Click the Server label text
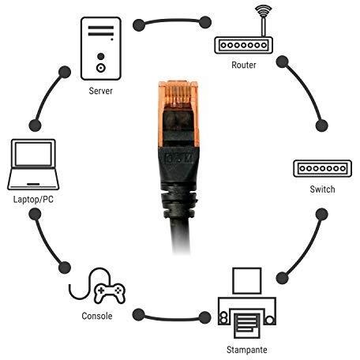tap(100, 91)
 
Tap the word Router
tap(244, 65)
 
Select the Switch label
tap(322, 189)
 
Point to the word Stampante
tap(247, 350)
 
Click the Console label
tap(97, 316)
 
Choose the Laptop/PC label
tap(33, 199)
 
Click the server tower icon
tap(101, 48)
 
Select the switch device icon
tap(322, 168)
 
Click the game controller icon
tap(110, 293)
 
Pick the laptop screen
tap(33, 154)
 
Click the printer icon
tap(247, 303)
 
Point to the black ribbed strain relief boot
tap(179, 203)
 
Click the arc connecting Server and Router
tap(172, 21)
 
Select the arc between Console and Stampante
tap(171, 319)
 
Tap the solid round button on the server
tap(100, 56)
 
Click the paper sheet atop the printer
tap(247, 281)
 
